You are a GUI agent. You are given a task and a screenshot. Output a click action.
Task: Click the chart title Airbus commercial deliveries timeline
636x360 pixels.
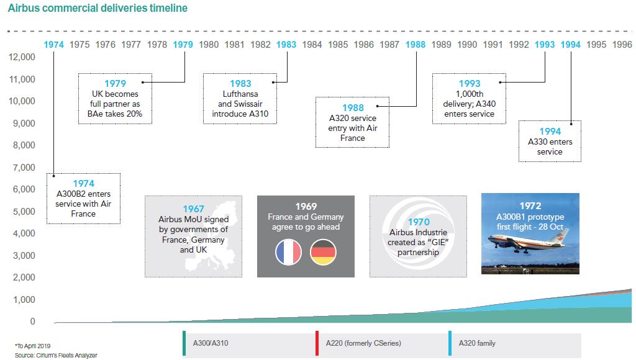98,9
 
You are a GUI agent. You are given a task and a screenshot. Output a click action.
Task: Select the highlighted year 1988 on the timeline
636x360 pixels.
416,45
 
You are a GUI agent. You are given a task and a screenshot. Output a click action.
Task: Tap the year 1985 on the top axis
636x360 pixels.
338,45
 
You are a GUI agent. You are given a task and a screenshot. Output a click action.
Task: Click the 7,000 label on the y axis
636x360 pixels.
24,168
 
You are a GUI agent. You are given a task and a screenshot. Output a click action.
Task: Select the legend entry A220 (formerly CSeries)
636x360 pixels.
363,343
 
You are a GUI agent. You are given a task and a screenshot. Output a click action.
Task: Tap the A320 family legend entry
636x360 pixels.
477,343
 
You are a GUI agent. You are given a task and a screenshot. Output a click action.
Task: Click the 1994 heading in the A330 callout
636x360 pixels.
550,131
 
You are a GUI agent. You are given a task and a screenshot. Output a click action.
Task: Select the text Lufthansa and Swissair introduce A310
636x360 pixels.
240,104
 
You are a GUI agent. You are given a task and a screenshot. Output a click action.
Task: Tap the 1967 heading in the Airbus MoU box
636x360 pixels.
193,209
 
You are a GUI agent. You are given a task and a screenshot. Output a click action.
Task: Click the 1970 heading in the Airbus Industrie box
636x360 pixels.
418,222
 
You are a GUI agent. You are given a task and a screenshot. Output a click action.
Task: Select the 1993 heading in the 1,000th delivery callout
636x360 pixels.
470,84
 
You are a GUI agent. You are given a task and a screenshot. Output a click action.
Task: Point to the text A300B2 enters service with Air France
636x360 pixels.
83,204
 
